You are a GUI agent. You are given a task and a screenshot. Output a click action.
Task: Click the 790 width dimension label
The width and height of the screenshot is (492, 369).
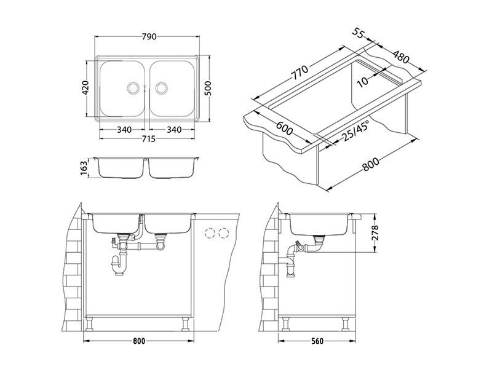point(149,37)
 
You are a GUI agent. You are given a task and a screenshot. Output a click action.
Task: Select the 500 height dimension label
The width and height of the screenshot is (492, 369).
point(208,88)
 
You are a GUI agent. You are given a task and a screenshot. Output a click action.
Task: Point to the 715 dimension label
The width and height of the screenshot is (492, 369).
point(148,138)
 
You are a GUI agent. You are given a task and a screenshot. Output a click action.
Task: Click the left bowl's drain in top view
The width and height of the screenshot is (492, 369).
point(133,87)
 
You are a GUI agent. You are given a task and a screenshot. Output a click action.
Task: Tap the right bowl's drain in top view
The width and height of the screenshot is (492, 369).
point(162,87)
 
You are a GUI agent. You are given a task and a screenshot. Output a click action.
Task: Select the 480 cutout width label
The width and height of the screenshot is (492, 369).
point(401,57)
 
